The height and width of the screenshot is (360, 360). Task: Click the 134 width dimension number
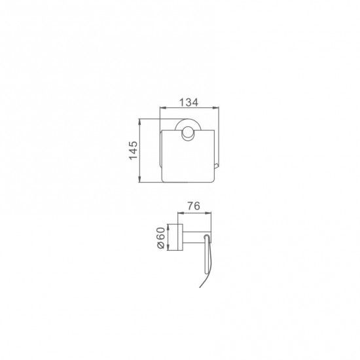pyautogui.click(x=189, y=102)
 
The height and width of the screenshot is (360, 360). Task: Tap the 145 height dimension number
pyautogui.click(x=133, y=151)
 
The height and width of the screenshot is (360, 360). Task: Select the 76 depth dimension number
pyautogui.click(x=194, y=206)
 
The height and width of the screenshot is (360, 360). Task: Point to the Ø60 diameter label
pyautogui.click(x=161, y=238)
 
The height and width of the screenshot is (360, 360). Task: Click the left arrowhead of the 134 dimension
pyautogui.click(x=162, y=107)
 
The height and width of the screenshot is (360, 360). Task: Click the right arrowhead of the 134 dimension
pyautogui.click(x=216, y=107)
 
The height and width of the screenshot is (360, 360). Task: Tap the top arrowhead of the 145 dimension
pyautogui.click(x=139, y=122)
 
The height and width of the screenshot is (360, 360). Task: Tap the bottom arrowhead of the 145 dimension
pyautogui.click(x=139, y=179)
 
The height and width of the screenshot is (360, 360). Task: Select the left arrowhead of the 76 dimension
pyautogui.click(x=181, y=213)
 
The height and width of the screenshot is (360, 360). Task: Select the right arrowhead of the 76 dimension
pyautogui.click(x=208, y=213)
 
